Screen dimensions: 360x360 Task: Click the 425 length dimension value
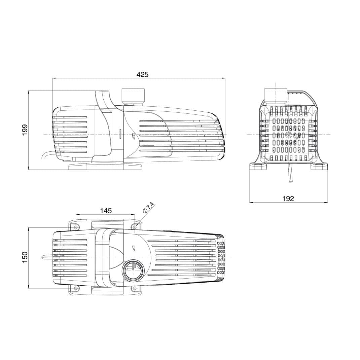pyautogui.click(x=143, y=74)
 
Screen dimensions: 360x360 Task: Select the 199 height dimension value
pyautogui.click(x=25, y=130)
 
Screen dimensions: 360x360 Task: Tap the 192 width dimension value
pyautogui.click(x=288, y=199)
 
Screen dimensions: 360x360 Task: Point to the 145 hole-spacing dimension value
pyautogui.click(x=106, y=210)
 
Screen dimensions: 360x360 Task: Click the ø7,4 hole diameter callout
pyautogui.click(x=148, y=208)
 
